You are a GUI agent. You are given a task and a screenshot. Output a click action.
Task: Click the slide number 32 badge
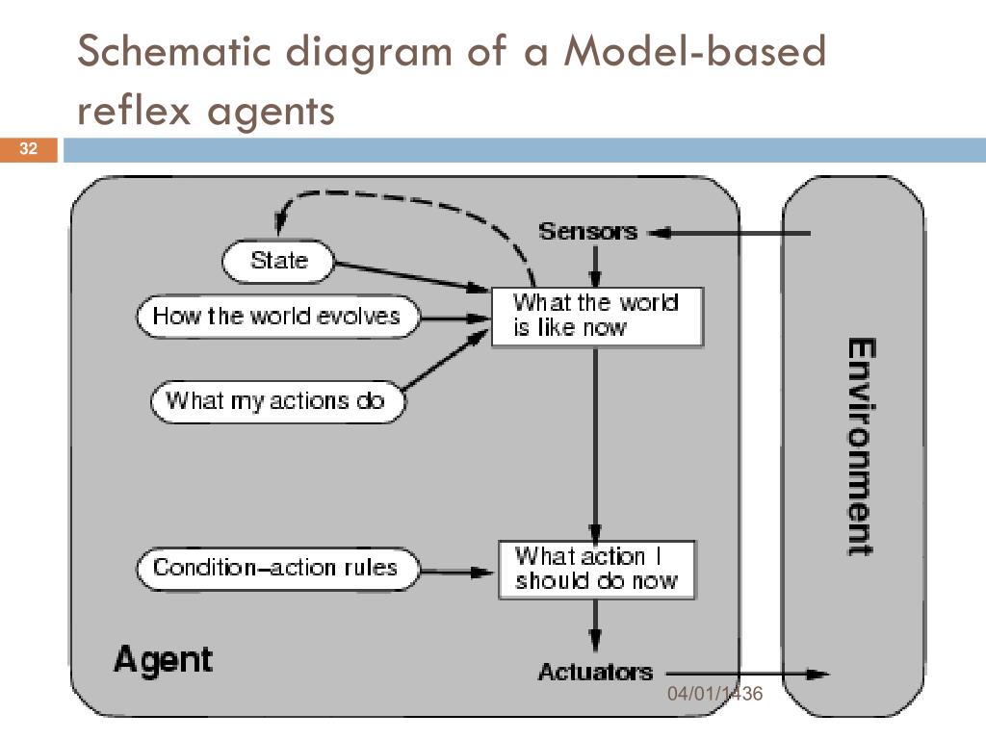(28, 149)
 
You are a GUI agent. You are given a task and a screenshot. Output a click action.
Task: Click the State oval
(278, 261)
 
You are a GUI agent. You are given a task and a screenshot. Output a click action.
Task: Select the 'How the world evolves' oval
(277, 316)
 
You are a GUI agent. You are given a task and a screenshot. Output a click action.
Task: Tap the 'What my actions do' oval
(277, 401)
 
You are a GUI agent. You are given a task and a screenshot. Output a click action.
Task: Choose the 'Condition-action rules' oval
(277, 568)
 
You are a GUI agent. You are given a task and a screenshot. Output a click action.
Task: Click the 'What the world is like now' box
(596, 316)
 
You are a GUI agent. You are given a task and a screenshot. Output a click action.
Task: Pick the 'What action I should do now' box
(596, 570)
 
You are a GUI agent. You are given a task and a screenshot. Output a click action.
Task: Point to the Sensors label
(588, 232)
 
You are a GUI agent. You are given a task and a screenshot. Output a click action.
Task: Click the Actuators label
(595, 672)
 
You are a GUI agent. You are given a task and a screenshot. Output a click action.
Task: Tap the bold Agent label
(164, 660)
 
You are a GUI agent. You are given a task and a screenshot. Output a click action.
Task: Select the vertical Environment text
(860, 446)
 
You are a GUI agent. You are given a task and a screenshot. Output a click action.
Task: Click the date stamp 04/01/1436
(715, 694)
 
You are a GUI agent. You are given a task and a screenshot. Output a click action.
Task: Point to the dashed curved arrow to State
(402, 200)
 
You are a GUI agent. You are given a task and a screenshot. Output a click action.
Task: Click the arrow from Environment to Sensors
(730, 233)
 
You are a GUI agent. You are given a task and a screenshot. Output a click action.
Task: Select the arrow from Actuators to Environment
(747, 675)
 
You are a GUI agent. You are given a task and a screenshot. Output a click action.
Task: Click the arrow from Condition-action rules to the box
(457, 572)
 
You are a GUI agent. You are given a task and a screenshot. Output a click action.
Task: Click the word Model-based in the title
(695, 51)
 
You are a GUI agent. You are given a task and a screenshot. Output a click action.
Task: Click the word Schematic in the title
(174, 51)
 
